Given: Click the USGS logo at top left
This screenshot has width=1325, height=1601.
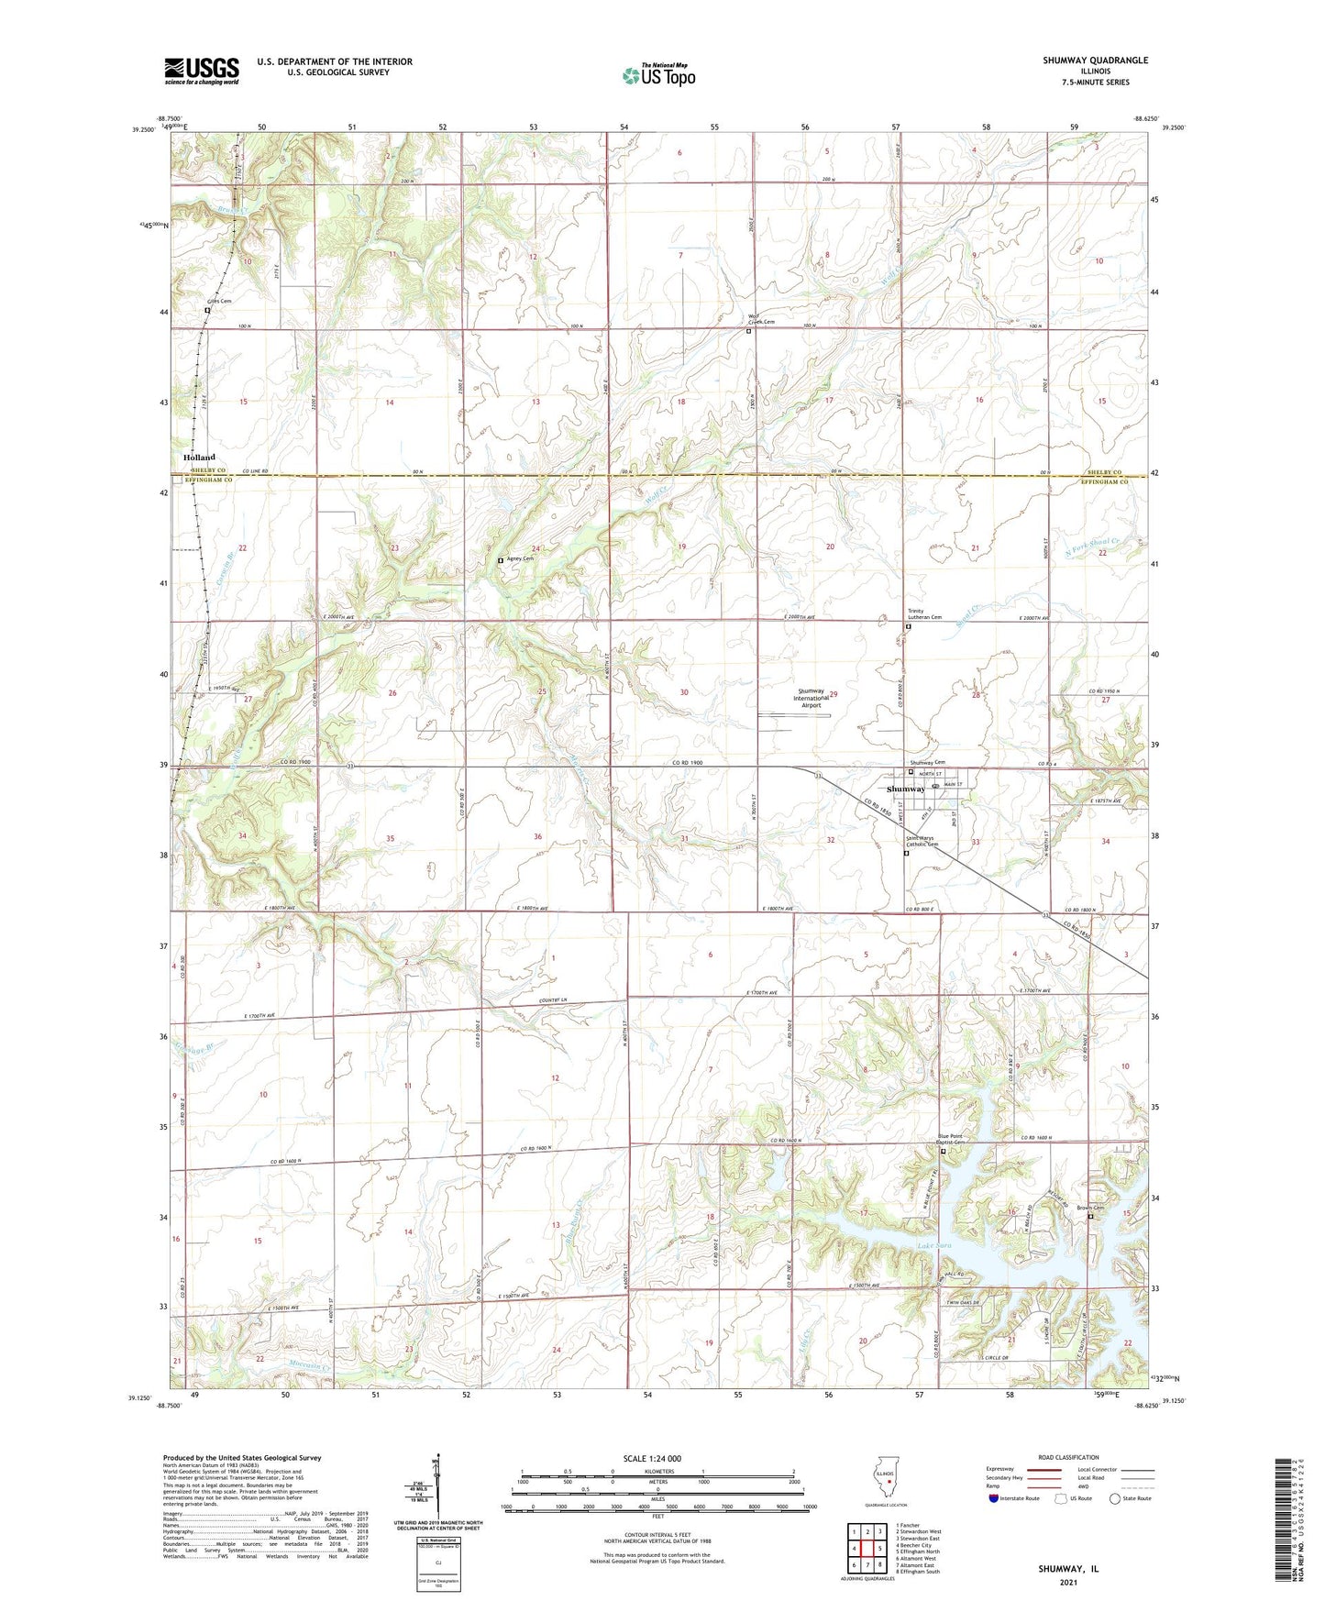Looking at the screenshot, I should (x=202, y=70).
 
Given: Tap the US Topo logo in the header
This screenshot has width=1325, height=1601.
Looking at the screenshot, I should (x=658, y=74).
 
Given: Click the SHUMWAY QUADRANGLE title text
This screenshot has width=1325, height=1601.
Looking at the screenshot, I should (x=1094, y=61).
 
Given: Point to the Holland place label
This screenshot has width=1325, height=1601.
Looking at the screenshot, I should (x=199, y=457).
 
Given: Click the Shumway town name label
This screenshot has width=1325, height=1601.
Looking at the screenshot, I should (x=906, y=789).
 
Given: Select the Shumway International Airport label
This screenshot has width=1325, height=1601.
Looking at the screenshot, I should (x=811, y=699).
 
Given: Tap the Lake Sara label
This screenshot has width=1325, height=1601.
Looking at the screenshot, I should (x=934, y=1246).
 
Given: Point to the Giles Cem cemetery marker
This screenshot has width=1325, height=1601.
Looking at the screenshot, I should (x=207, y=310).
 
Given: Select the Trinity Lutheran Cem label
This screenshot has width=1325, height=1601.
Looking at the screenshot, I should (x=924, y=614).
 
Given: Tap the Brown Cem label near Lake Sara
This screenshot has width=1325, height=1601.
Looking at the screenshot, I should (x=1088, y=1208).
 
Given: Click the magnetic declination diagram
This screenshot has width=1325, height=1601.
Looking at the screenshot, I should (x=438, y=1486).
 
